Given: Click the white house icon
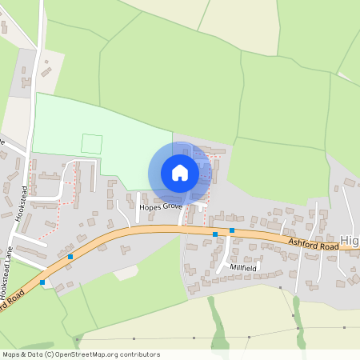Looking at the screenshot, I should pyautogui.click(x=180, y=173).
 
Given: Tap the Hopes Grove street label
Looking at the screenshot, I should pyautogui.click(x=160, y=206).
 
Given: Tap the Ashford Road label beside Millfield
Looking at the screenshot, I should pyautogui.click(x=308, y=242).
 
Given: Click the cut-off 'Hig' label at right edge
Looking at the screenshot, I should pyautogui.click(x=350, y=240).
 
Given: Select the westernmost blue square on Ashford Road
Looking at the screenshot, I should pyautogui.click(x=42, y=282).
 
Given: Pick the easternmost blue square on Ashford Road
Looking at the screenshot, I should pyautogui.click(x=232, y=230).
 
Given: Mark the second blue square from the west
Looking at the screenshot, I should pyautogui.click(x=70, y=257).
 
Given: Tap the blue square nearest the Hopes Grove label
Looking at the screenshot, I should pyautogui.click(x=215, y=234).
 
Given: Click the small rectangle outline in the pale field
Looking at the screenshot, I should pyautogui.click(x=92, y=144).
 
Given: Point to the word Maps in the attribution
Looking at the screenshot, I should pyautogui.click(x=12, y=354).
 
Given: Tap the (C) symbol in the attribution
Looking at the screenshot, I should pyautogui.click(x=50, y=354).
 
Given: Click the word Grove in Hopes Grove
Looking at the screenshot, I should pyautogui.click(x=171, y=206).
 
